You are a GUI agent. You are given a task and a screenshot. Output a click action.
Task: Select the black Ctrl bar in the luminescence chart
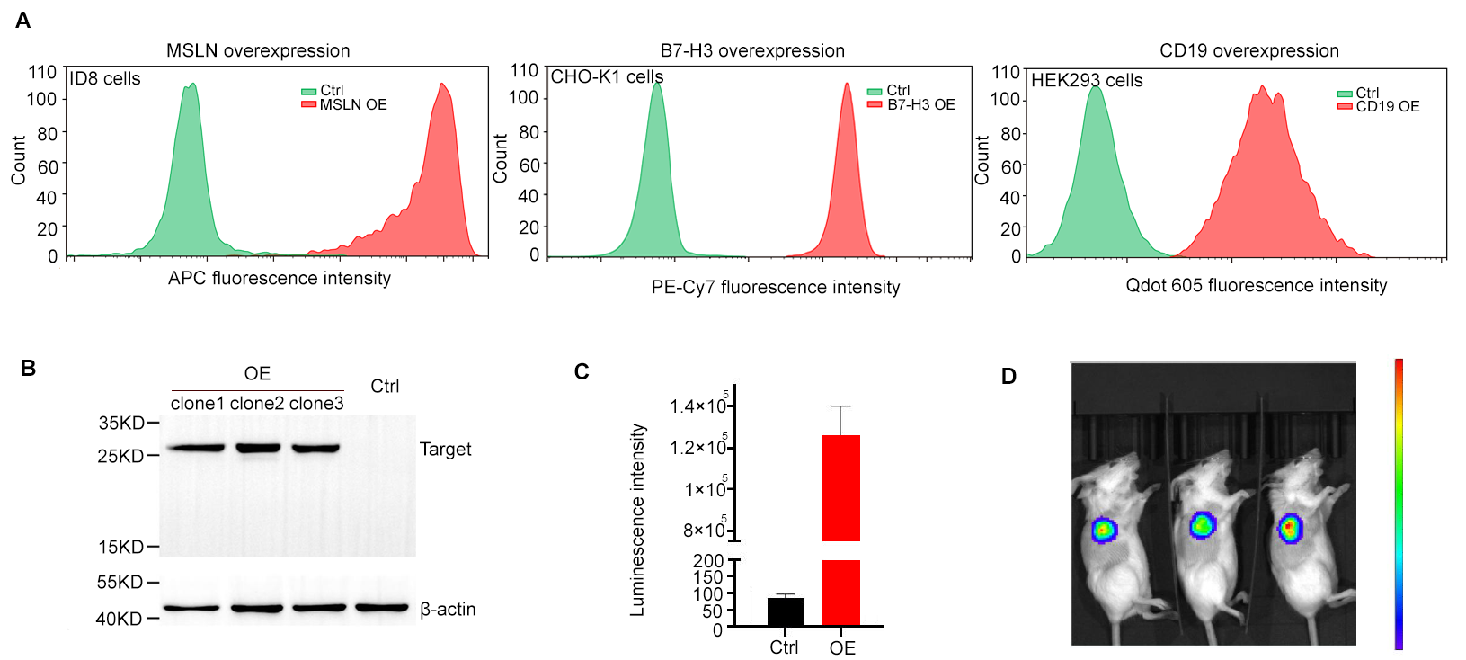click(x=786, y=611)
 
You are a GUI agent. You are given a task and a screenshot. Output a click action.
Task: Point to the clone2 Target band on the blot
click(x=257, y=447)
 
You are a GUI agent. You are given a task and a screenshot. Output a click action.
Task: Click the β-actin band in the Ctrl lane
click(x=382, y=608)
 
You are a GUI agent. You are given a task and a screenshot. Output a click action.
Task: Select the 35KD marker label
click(x=121, y=423)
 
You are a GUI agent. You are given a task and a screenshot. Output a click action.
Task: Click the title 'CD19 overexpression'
click(x=1248, y=51)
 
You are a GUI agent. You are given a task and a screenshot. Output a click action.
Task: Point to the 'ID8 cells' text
click(x=105, y=79)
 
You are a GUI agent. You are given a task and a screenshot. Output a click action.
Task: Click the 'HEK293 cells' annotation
click(x=1087, y=81)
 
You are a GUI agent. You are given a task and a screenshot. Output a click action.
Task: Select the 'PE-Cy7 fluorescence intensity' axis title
click(x=775, y=288)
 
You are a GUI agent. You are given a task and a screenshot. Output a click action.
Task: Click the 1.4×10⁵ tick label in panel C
click(x=698, y=406)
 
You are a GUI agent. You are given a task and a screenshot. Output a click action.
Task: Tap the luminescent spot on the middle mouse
click(x=1202, y=525)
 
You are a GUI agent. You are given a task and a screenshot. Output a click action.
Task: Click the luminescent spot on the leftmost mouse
click(x=1104, y=530)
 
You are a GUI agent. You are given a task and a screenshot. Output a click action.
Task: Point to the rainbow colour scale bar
click(x=1399, y=504)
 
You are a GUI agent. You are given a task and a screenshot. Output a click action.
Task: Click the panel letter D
click(x=1008, y=377)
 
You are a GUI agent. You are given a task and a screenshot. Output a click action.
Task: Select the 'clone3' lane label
click(x=316, y=404)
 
